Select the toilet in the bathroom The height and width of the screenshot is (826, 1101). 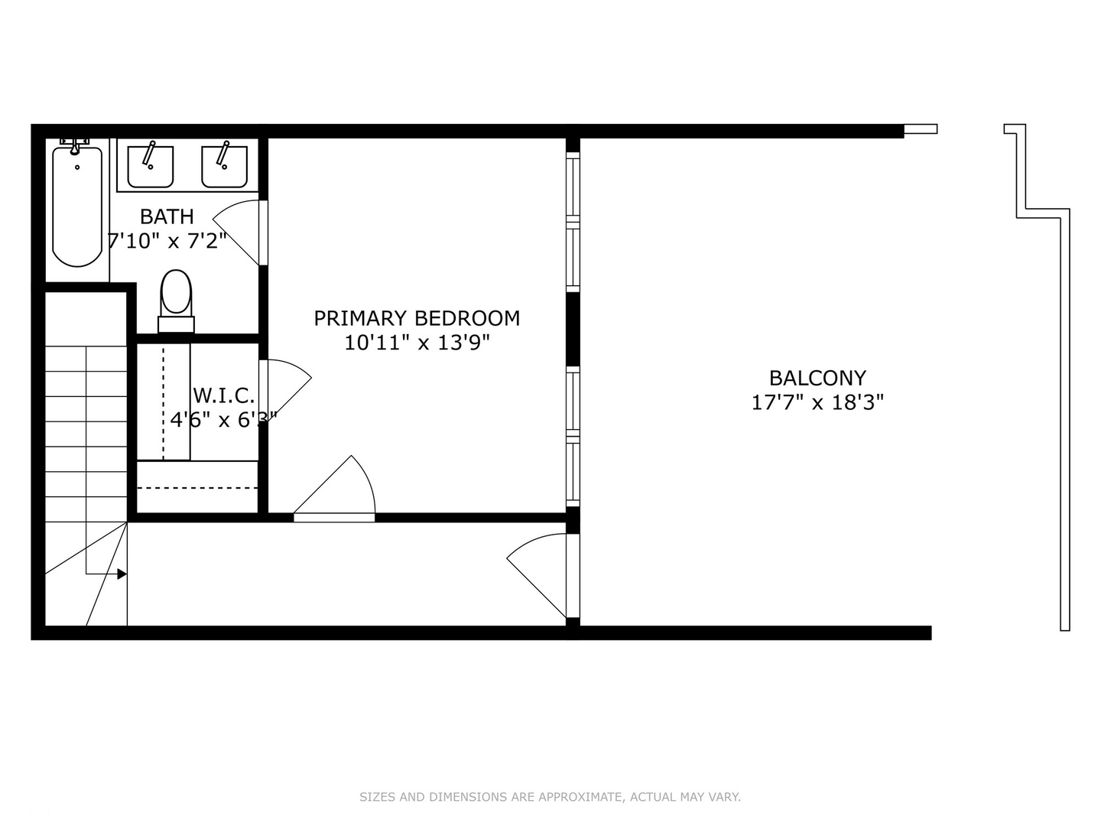click(176, 294)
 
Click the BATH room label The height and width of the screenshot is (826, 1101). click(167, 216)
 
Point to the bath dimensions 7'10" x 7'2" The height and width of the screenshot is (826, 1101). click(167, 242)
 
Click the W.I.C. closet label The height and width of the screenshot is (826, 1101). click(223, 395)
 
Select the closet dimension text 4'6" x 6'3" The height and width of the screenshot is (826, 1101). click(222, 419)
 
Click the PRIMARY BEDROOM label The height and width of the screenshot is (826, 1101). click(417, 318)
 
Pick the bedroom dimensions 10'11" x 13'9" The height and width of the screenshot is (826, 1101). click(417, 343)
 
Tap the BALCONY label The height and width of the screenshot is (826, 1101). click(817, 378)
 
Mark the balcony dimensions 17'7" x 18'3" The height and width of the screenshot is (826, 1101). click(817, 402)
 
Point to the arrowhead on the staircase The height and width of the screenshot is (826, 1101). click(122, 574)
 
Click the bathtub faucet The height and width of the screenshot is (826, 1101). click(75, 145)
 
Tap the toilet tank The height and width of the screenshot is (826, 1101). click(176, 324)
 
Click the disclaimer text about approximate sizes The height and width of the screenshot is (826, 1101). click(550, 797)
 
